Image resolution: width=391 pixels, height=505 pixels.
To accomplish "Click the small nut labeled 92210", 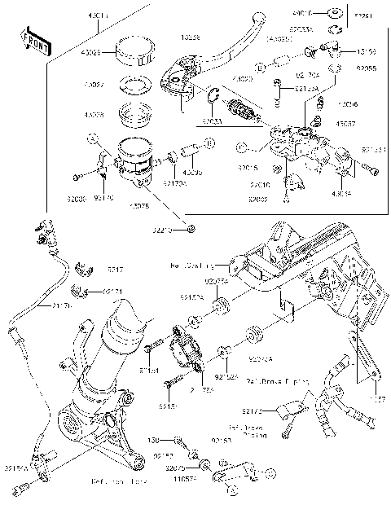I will click(x=190, y=230).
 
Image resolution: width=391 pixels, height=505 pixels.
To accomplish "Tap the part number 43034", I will click(x=341, y=194).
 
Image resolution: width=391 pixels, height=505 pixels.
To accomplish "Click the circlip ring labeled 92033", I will click(x=211, y=99).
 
